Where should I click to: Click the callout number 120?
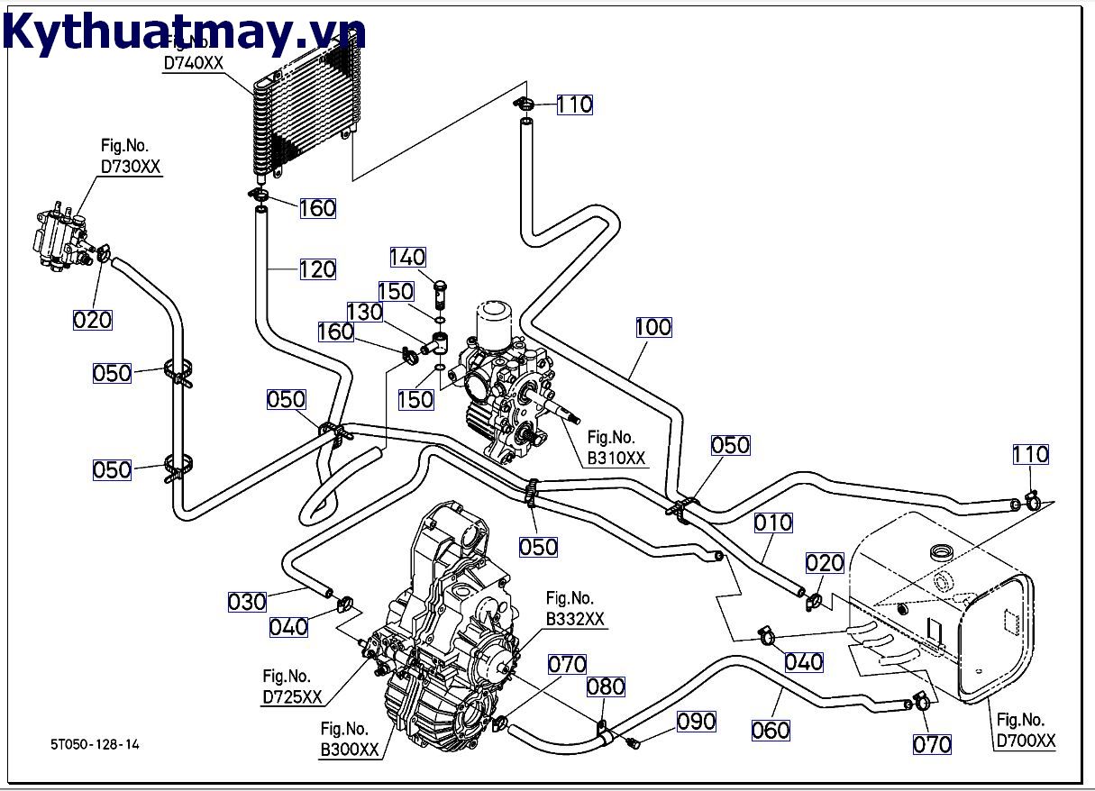point(317,268)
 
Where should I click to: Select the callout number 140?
point(407,258)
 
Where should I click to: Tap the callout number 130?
point(365,312)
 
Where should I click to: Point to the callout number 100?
point(653,327)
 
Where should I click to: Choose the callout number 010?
point(773,523)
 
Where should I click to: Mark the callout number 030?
point(247,602)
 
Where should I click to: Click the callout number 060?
point(771,730)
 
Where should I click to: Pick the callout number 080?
point(606,687)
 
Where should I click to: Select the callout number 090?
point(697,721)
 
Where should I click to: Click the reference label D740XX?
point(193,63)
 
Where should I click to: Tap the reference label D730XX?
point(131,167)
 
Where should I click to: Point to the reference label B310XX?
point(617,458)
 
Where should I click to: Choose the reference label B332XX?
point(575,619)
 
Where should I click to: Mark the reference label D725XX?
point(292,696)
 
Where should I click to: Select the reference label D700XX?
point(1026,741)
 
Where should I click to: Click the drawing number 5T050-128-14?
point(95,744)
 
